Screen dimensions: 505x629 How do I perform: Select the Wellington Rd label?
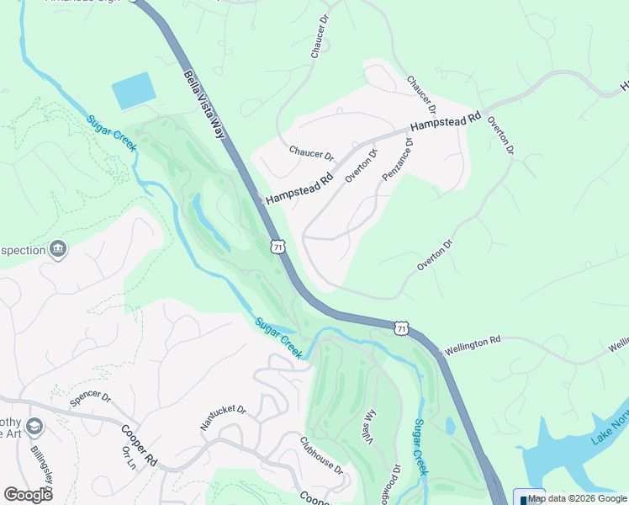[x=473, y=344]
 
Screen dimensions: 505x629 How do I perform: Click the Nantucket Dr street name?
[x=223, y=417]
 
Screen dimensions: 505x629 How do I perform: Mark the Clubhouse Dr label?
[x=322, y=454]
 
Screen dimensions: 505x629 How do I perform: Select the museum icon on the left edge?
[x=57, y=248]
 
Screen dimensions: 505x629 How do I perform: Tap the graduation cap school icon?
[x=34, y=427]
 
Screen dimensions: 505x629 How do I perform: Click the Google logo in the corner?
[x=28, y=494]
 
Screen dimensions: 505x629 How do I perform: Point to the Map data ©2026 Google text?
[x=577, y=498]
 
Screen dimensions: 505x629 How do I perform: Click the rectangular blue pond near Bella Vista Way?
[x=135, y=90]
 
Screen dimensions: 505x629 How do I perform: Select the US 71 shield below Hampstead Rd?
[x=277, y=246]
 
